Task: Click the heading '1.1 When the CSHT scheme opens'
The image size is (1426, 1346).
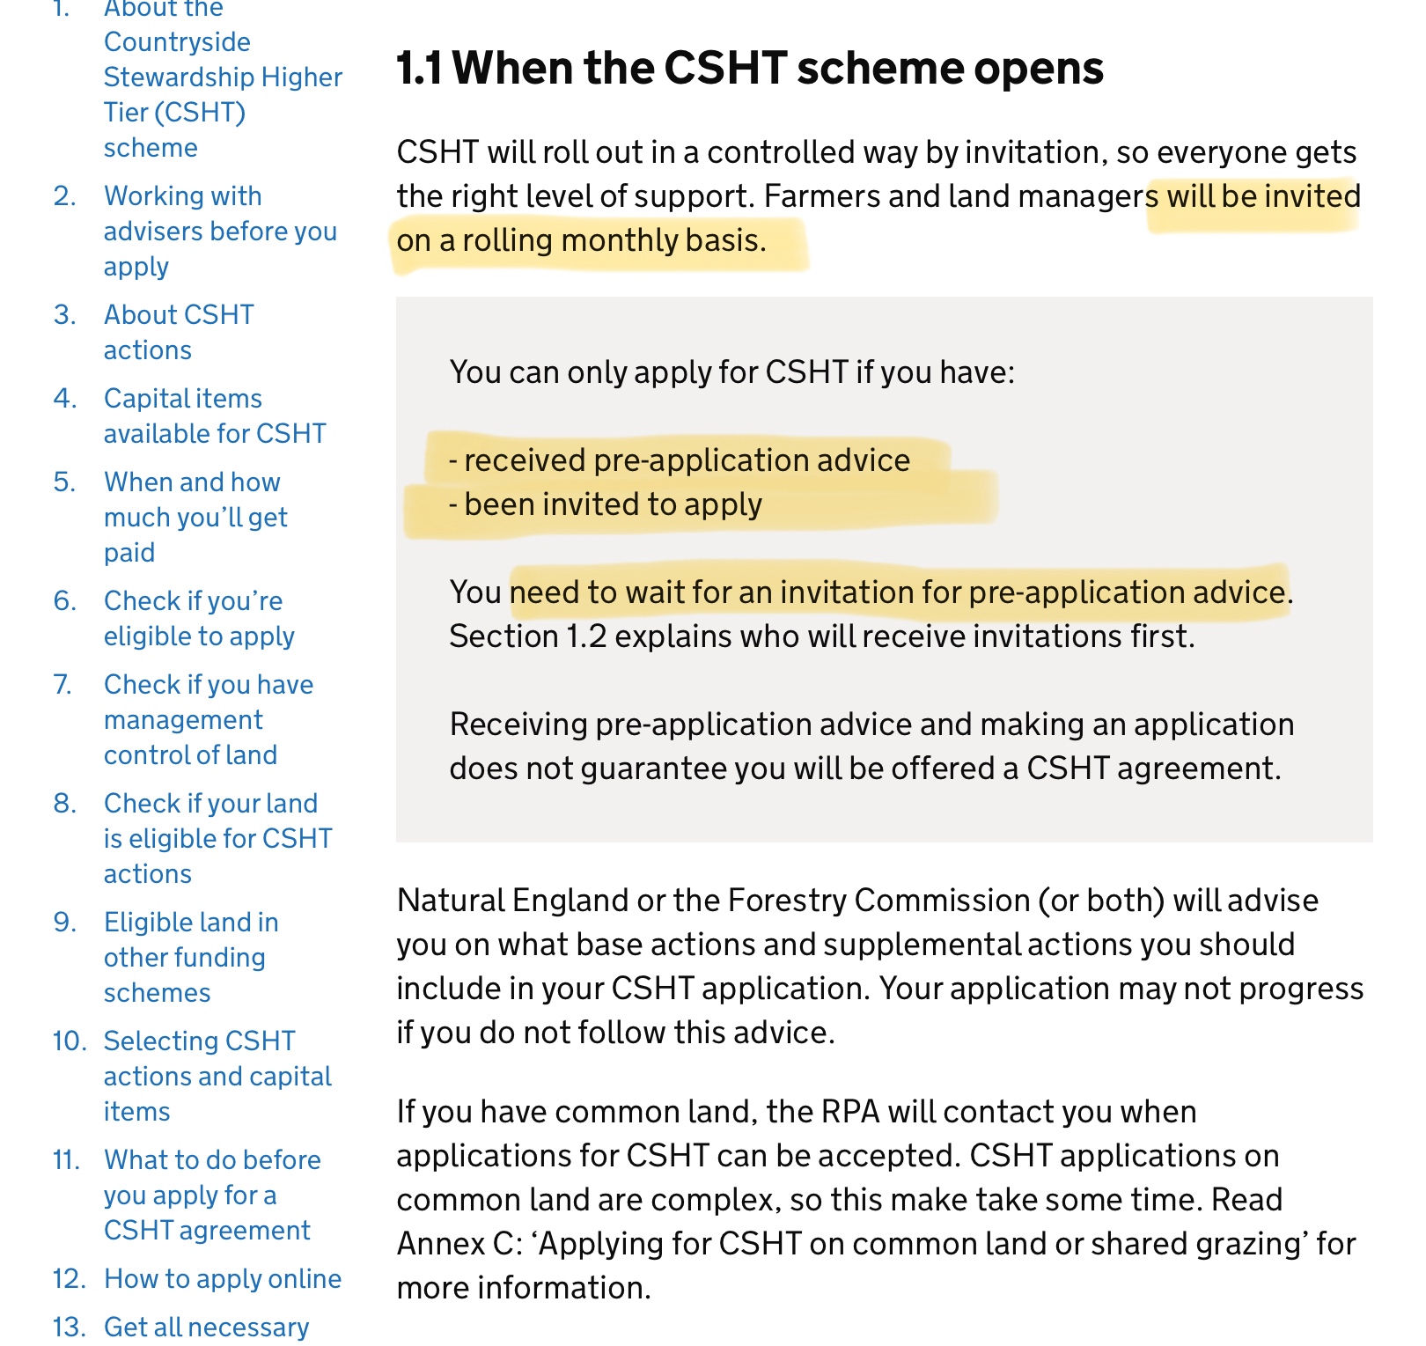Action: point(749,69)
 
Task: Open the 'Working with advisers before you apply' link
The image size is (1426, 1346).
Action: point(219,231)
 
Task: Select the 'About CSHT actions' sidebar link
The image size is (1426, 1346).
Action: point(179,332)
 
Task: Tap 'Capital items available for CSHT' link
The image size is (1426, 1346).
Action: point(214,416)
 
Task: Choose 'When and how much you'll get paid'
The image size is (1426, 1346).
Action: point(195,517)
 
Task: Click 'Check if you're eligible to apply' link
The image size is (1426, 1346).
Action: point(198,618)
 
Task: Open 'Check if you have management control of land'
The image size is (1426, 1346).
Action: point(208,719)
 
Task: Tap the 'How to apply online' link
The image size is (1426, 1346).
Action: point(222,1278)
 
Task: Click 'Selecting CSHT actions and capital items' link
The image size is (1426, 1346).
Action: point(217,1076)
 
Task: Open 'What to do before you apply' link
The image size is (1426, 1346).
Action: point(211,1195)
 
